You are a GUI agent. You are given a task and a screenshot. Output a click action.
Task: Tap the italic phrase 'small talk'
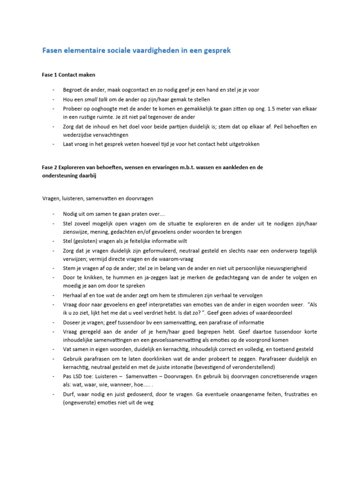(95, 99)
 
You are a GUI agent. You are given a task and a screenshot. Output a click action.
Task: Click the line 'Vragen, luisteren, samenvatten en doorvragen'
(97, 198)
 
